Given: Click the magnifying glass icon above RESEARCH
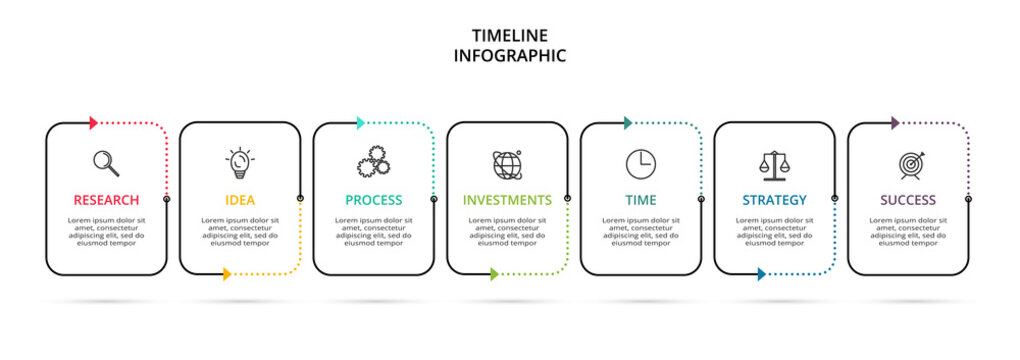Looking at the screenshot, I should (x=106, y=163).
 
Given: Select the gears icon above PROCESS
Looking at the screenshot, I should (x=373, y=163).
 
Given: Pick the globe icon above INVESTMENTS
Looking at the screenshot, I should (x=507, y=164).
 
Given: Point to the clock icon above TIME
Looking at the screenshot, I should (x=641, y=163).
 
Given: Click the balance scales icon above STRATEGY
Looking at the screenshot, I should (x=774, y=163).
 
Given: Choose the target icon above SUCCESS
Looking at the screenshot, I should (x=909, y=164).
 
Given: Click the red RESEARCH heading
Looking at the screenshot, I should (x=106, y=200).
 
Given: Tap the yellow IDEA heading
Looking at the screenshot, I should (x=240, y=200).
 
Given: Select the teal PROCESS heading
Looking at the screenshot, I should (x=374, y=200).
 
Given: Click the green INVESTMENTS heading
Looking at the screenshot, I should (x=507, y=200).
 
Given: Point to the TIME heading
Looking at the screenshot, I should (x=641, y=200).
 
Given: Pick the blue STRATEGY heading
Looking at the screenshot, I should (x=774, y=200).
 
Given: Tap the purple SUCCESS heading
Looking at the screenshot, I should (x=908, y=200).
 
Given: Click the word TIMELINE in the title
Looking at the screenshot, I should (x=510, y=36).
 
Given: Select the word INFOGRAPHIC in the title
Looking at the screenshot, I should (x=510, y=56).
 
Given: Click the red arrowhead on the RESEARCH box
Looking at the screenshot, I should (x=93, y=123).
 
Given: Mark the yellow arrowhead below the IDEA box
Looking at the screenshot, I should (x=227, y=274).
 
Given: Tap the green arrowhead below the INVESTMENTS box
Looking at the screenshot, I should (x=494, y=274).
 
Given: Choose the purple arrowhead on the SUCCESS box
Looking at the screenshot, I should (x=895, y=123).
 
